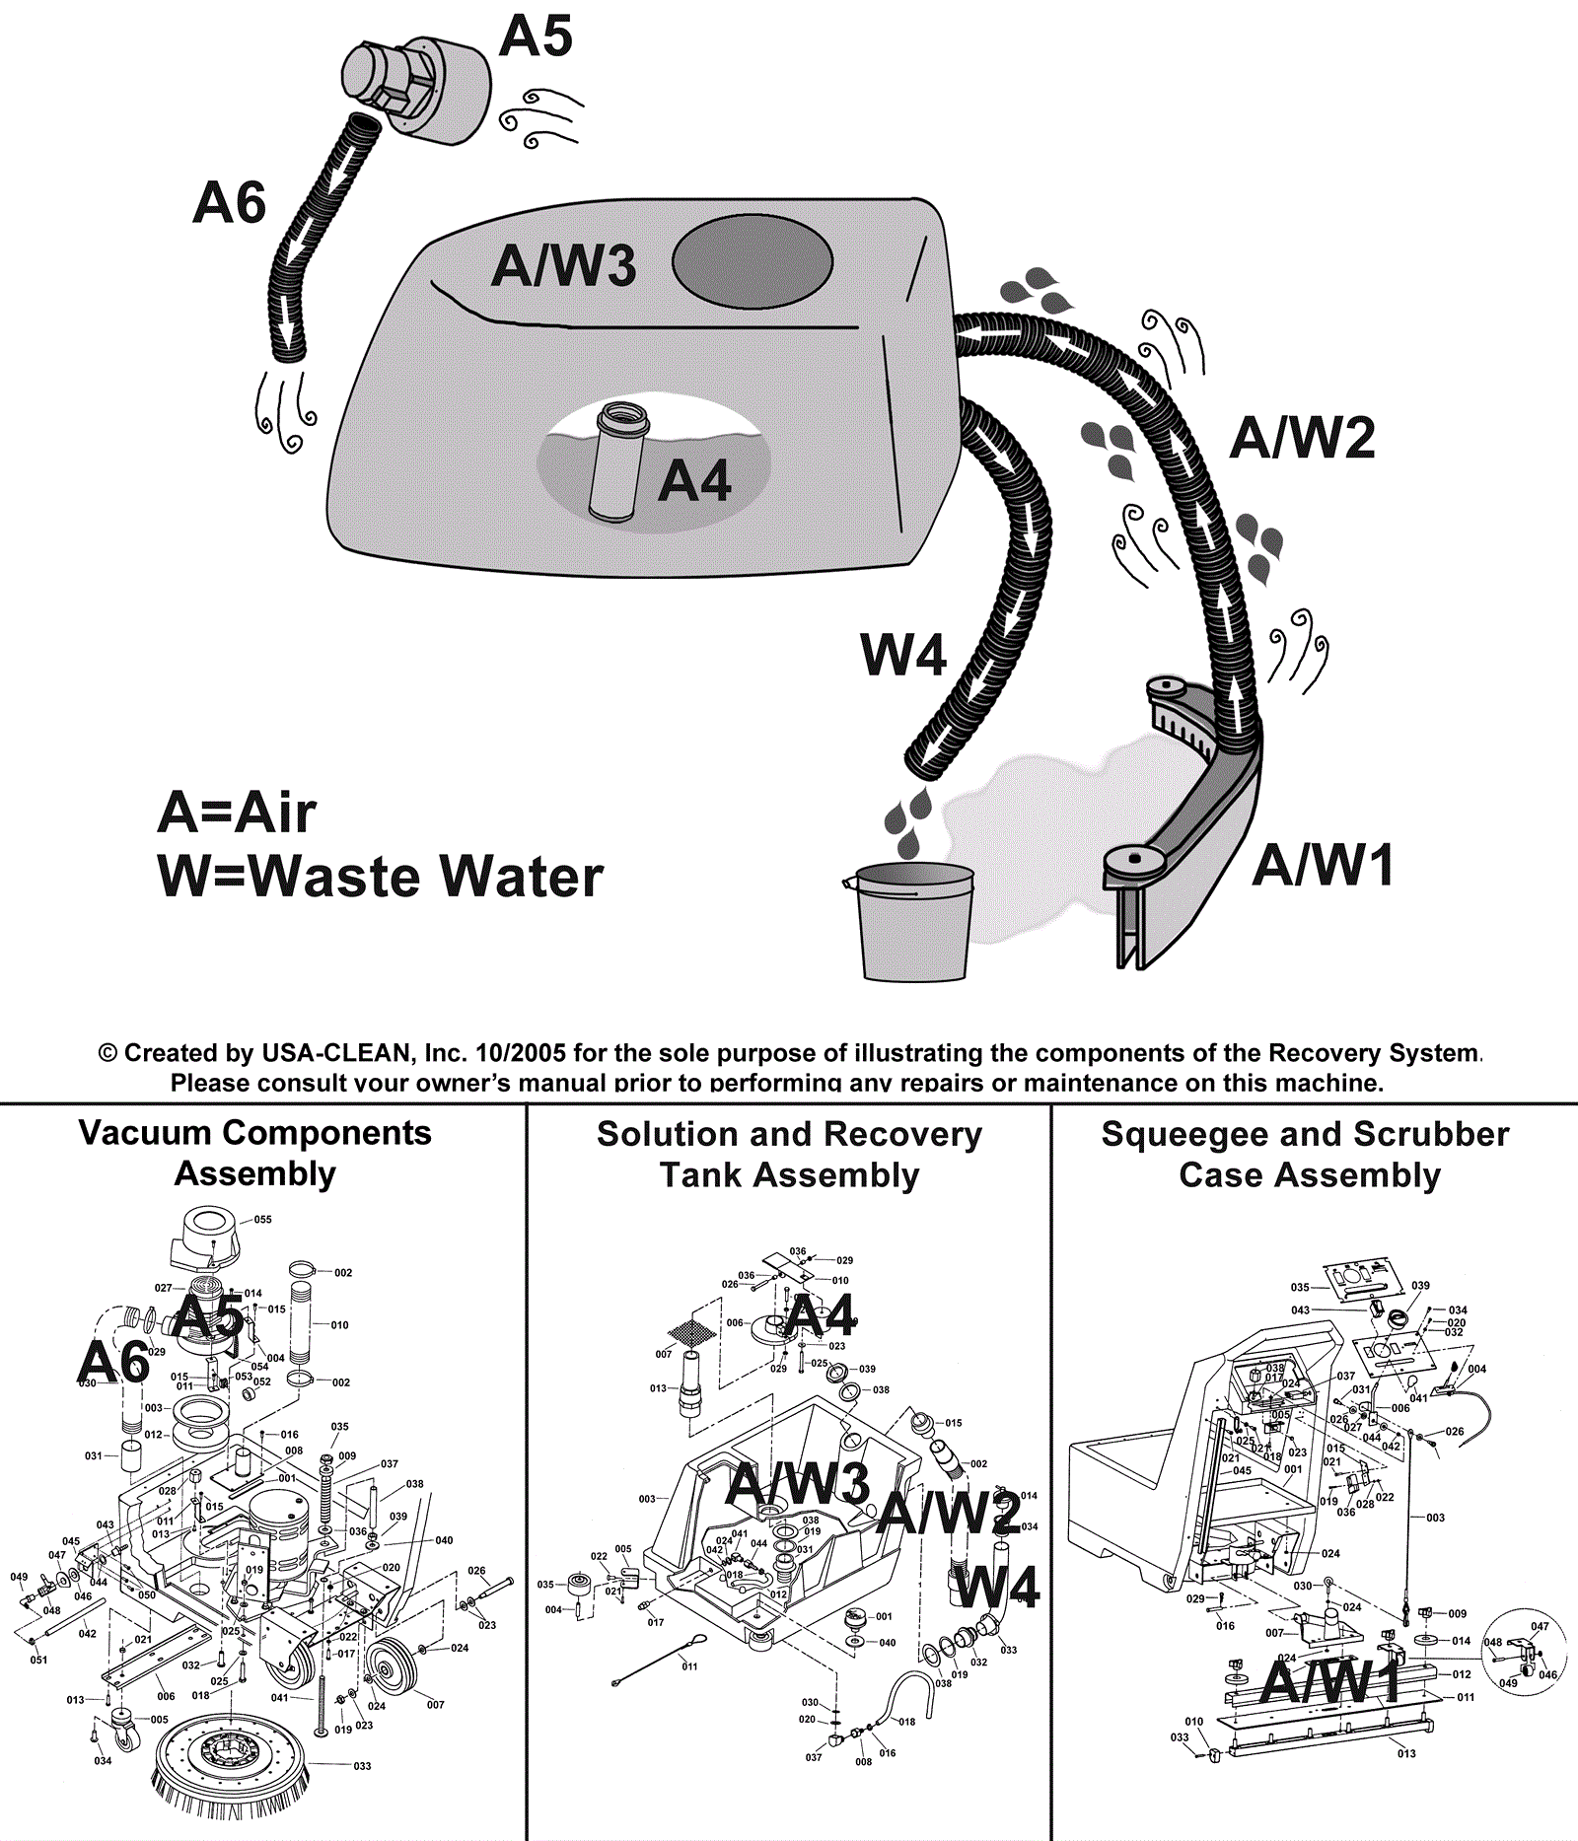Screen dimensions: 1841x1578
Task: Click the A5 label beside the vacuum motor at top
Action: point(536,36)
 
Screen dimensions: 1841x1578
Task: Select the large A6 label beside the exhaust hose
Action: point(229,203)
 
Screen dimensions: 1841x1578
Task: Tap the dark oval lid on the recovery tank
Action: point(752,261)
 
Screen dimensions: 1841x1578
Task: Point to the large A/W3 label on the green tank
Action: point(563,266)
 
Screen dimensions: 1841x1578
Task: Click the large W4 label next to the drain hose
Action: point(903,655)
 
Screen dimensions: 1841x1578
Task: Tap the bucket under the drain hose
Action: point(914,921)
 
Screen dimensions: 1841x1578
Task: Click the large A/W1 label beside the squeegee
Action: point(1324,865)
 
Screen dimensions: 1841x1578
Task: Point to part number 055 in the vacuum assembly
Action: point(262,1219)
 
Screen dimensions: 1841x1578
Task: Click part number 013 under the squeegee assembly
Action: point(1406,1753)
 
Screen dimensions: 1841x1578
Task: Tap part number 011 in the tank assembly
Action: point(689,1666)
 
